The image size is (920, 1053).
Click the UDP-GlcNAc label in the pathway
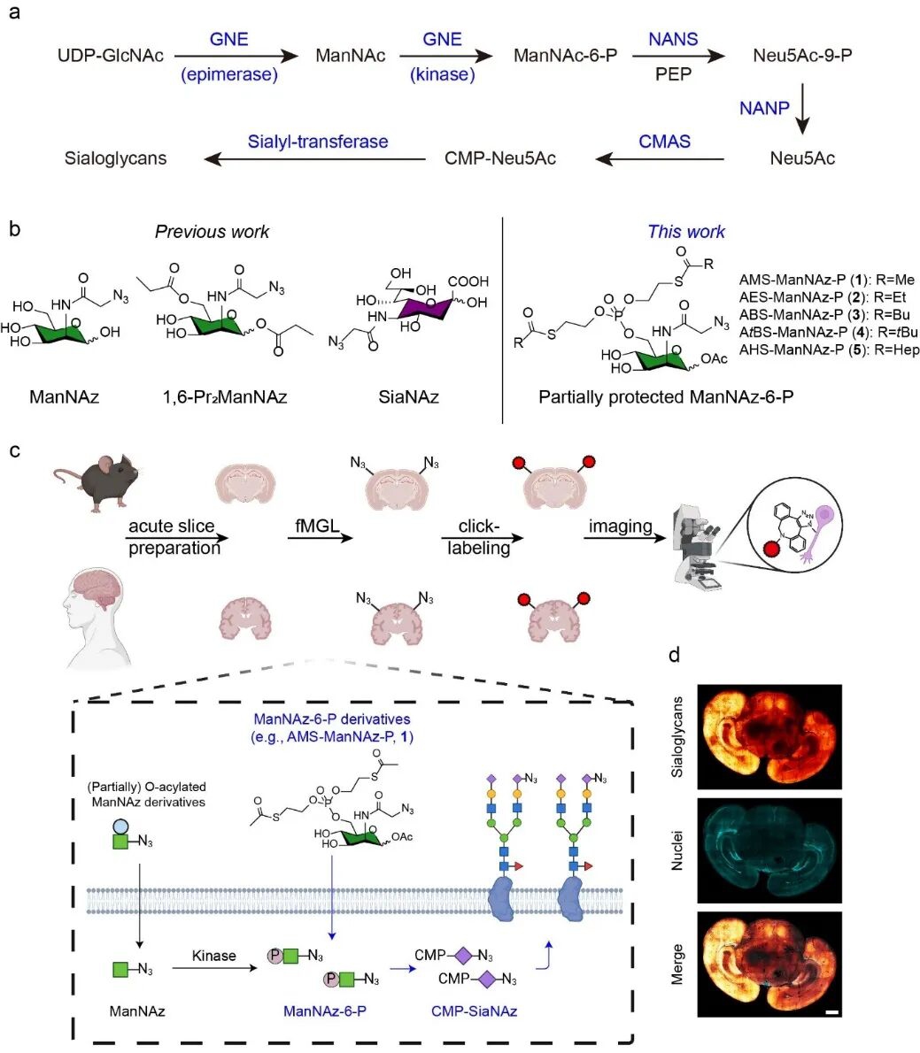coord(111,56)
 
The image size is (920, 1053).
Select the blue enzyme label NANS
coord(673,40)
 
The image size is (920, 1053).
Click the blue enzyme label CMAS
coord(664,142)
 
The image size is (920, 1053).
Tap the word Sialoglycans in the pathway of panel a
coord(115,159)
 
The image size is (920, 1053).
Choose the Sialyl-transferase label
coord(318,142)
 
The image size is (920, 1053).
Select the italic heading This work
coord(686,232)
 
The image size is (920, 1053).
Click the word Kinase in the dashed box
coord(214,956)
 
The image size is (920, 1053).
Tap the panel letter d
coord(675,656)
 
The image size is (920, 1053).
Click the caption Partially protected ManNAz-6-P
coord(666,397)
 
